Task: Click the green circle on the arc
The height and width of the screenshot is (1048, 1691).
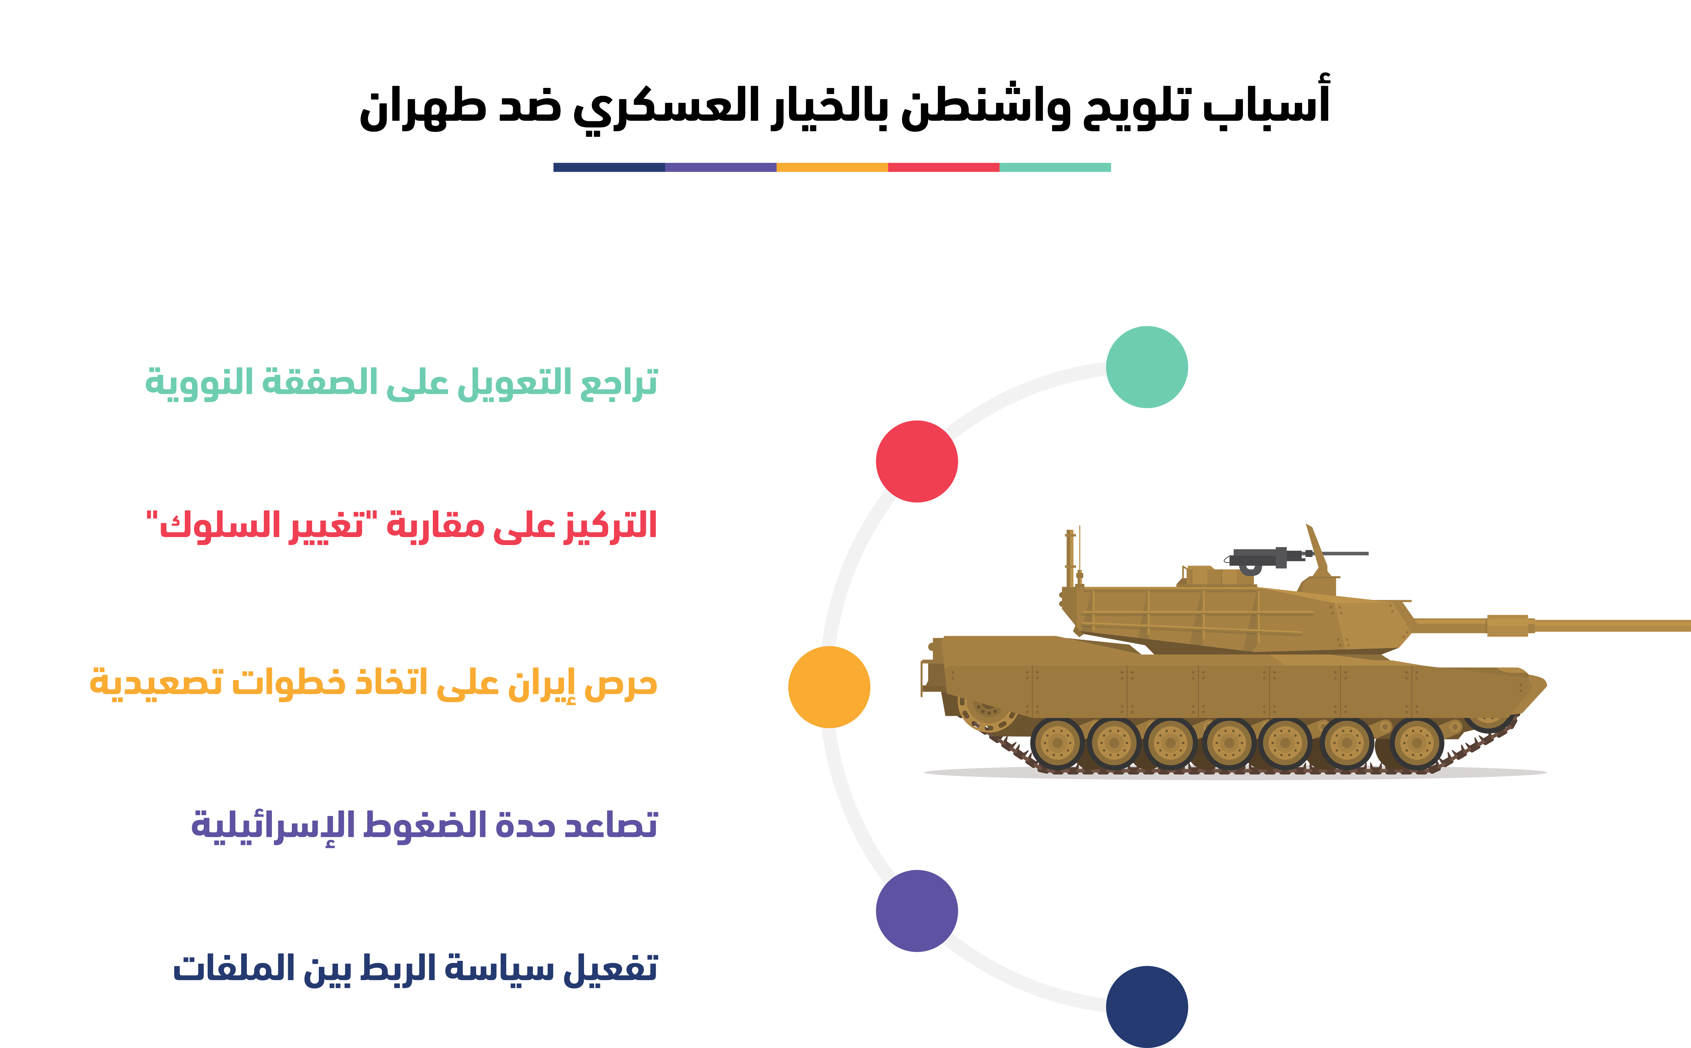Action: (x=1147, y=367)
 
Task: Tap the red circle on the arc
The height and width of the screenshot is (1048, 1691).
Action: (x=917, y=461)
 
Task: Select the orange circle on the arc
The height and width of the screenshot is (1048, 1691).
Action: (x=829, y=687)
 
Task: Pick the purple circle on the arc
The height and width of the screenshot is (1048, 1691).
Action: (x=917, y=911)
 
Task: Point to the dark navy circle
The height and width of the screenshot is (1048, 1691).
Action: (x=1147, y=1006)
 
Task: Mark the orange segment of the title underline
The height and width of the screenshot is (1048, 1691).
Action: (x=832, y=167)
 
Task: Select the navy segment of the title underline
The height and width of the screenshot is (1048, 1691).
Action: (x=609, y=167)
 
